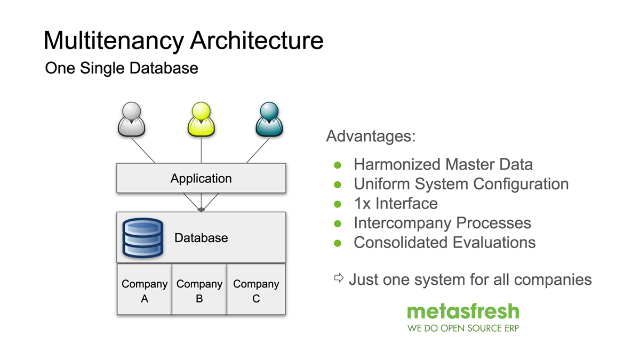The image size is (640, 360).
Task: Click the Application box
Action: tap(201, 178)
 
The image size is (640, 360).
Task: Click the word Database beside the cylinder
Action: tap(201, 238)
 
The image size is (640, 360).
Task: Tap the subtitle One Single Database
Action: tap(122, 68)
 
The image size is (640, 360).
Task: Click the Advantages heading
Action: tap(371, 136)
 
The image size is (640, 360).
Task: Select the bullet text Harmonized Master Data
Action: tap(443, 164)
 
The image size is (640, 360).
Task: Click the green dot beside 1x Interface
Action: tap(337, 204)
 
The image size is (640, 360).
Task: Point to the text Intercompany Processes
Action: tap(442, 223)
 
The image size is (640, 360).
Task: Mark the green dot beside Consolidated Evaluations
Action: tap(337, 243)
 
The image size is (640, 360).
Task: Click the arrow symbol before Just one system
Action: tap(339, 278)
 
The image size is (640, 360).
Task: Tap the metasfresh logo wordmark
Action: tap(463, 311)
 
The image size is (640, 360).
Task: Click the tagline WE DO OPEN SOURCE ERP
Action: tap(463, 328)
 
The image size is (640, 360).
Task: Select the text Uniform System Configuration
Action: tap(461, 184)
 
